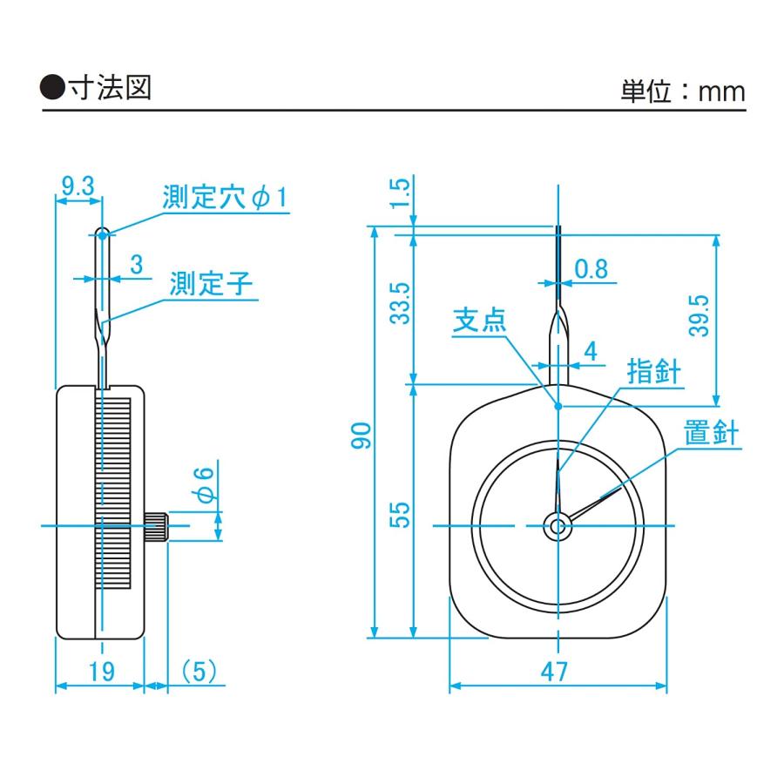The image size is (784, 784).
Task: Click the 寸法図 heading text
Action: pyautogui.click(x=110, y=88)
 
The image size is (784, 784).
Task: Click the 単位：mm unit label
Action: pyautogui.click(x=683, y=91)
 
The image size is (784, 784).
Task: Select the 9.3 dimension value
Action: pyautogui.click(x=78, y=186)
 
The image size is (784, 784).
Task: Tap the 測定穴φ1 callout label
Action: pyautogui.click(x=226, y=197)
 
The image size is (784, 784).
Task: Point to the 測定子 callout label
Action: pyautogui.click(x=212, y=283)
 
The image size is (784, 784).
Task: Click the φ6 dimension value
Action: pyautogui.click(x=206, y=484)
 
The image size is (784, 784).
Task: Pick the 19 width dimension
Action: pyautogui.click(x=102, y=671)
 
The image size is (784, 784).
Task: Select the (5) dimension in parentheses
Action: pyautogui.click(x=199, y=671)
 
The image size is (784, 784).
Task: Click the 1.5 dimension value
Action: pyautogui.click(x=400, y=193)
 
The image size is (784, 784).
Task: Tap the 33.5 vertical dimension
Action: pyautogui.click(x=400, y=303)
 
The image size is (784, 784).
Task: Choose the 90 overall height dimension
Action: pyautogui.click(x=362, y=436)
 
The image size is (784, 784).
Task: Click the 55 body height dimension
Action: pyautogui.click(x=400, y=515)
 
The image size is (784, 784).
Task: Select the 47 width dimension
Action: pyautogui.click(x=555, y=672)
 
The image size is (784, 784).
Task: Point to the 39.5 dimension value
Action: pyautogui.click(x=699, y=315)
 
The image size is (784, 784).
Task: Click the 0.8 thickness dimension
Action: pyautogui.click(x=591, y=269)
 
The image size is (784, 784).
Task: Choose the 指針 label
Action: pyautogui.click(x=654, y=371)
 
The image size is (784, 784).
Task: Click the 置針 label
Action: pyautogui.click(x=711, y=432)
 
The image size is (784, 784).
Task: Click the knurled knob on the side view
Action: pyautogui.click(x=157, y=525)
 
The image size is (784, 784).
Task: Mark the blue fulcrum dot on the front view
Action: pyautogui.click(x=558, y=406)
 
